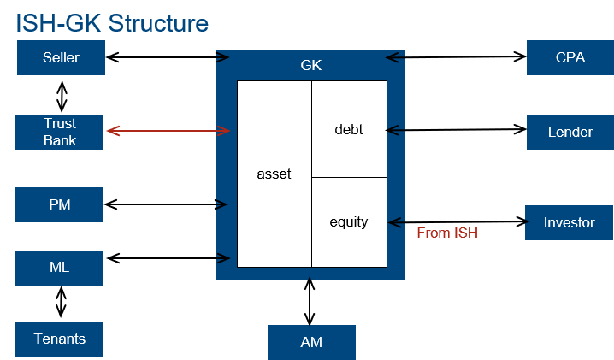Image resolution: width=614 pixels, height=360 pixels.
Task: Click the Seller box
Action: [x=61, y=58]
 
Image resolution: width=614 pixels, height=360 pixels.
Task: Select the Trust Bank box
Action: [x=60, y=133]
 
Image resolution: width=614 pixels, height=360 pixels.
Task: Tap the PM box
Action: [x=60, y=205]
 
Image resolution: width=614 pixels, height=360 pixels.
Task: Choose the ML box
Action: [x=60, y=268]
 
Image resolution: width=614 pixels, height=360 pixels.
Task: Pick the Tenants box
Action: [x=60, y=339]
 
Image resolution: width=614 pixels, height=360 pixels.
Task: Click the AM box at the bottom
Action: [x=311, y=342]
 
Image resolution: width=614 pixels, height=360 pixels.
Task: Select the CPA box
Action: [x=570, y=58]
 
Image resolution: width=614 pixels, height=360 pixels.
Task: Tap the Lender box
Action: [x=570, y=133]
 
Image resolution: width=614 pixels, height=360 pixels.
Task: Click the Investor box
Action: [x=569, y=222]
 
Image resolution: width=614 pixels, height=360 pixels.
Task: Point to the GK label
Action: [x=311, y=65]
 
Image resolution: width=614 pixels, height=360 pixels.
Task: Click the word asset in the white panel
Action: [x=274, y=174]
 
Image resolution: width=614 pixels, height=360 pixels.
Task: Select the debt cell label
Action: [x=348, y=130]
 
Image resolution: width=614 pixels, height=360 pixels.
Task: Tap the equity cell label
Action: [x=348, y=222]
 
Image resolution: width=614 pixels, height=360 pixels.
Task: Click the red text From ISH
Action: [x=447, y=233]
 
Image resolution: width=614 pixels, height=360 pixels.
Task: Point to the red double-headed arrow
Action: [x=168, y=131]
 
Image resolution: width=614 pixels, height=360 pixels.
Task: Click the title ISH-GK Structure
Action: [x=112, y=22]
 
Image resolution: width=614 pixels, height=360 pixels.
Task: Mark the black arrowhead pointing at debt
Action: [x=393, y=131]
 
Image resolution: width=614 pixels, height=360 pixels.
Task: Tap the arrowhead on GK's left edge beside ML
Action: [x=224, y=258]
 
